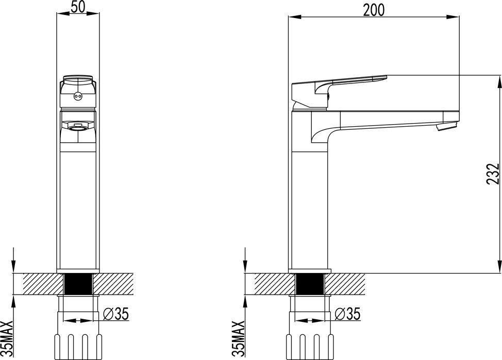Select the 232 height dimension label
click(493, 174)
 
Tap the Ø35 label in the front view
click(116, 314)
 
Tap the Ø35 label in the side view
click(348, 314)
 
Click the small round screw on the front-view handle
click(77, 95)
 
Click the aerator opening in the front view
click(77, 129)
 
